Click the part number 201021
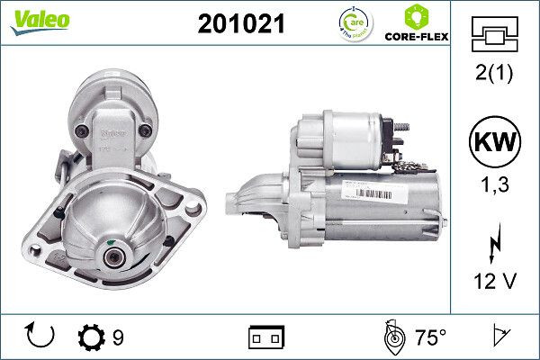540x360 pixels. click(240, 24)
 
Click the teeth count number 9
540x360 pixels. click(118, 337)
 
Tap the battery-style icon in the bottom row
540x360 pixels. click(266, 337)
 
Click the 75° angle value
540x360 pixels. click(430, 337)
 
